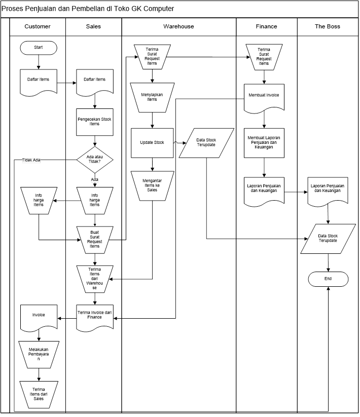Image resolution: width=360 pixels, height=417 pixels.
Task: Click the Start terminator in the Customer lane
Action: coord(39,47)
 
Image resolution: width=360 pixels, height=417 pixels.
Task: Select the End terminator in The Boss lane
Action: coord(328,279)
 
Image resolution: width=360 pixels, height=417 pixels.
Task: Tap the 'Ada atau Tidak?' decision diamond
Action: coord(94,160)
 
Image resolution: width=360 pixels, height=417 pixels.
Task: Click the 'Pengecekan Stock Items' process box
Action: coord(94,122)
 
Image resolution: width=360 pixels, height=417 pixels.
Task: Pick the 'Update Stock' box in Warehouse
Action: coord(152,143)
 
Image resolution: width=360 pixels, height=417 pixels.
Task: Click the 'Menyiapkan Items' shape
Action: coord(152,97)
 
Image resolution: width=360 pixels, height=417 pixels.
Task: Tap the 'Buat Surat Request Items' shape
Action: coord(94,239)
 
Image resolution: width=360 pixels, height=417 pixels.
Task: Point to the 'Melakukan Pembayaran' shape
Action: coord(39,354)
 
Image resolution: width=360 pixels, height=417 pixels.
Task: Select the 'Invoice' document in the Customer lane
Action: coord(39,316)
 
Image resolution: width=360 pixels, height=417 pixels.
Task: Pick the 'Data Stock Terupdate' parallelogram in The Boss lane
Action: coord(328,239)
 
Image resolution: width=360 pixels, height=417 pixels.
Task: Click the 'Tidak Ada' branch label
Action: coord(31,160)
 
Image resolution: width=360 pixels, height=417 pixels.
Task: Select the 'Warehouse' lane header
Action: coord(178,26)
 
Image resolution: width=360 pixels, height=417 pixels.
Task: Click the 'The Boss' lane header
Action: coord(328,26)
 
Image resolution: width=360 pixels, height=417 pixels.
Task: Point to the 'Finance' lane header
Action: coord(266,26)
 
